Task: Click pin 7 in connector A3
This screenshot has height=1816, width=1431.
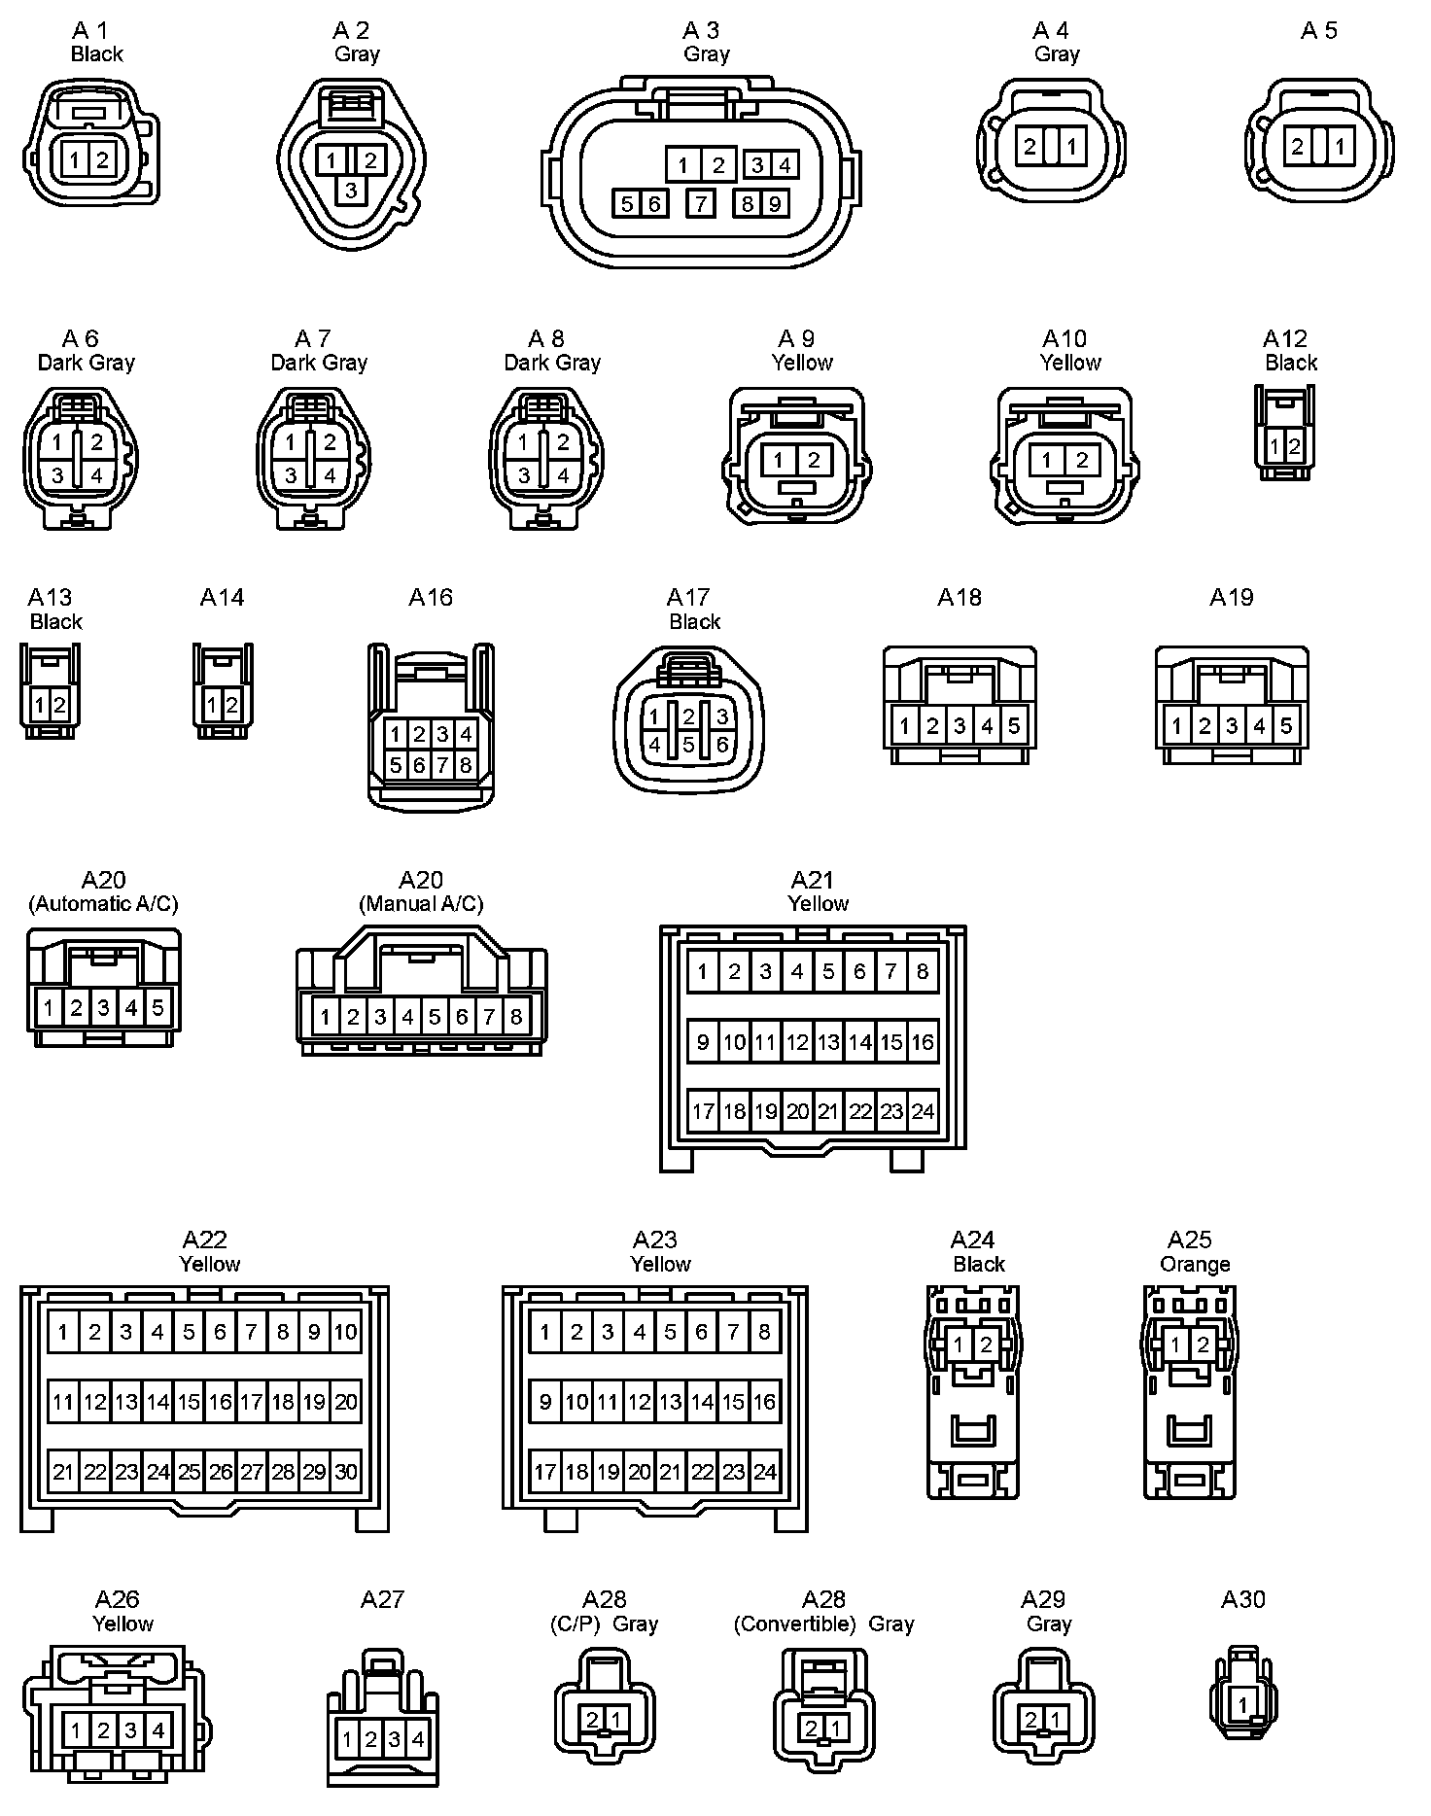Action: [x=700, y=203]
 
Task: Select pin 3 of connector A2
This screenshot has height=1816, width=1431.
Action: [x=351, y=190]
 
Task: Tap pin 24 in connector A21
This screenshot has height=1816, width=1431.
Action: [x=923, y=1111]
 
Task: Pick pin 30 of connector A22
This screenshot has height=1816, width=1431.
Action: [x=346, y=1472]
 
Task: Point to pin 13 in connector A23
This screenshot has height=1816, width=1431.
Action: [x=671, y=1402]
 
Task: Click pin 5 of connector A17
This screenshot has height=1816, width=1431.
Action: [x=688, y=746]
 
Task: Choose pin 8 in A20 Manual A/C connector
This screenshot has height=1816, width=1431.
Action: [x=516, y=1017]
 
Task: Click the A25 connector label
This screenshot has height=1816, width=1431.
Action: [x=1189, y=1240]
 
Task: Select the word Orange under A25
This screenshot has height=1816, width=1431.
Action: [x=1195, y=1264]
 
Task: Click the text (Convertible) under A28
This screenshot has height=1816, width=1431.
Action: [x=794, y=1624]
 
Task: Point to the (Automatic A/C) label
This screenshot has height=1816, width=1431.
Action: [x=103, y=903]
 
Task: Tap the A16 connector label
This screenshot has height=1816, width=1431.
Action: [x=431, y=597]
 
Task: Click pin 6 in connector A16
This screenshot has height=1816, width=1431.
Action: [x=419, y=765]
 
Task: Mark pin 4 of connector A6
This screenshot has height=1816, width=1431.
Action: [x=96, y=475]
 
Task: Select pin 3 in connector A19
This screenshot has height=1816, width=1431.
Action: [x=1232, y=725]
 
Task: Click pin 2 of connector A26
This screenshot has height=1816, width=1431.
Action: [x=103, y=1730]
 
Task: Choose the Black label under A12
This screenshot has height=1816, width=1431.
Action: [x=1291, y=363]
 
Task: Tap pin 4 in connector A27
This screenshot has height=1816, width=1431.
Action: [x=418, y=1739]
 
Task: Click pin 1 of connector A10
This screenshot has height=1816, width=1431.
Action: [x=1046, y=460]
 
